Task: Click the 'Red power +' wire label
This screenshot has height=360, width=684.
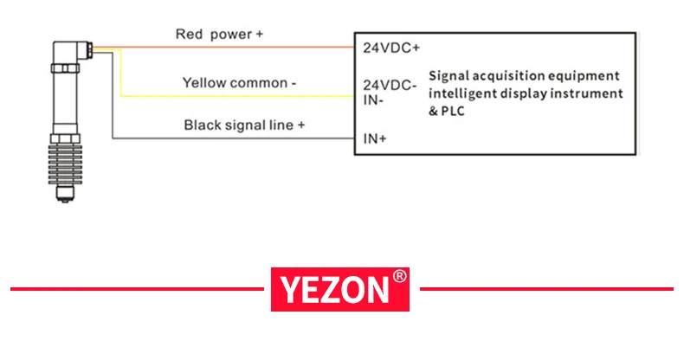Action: [219, 35]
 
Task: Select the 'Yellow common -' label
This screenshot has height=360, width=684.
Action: [240, 83]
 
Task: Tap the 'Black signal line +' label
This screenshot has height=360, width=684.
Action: [244, 125]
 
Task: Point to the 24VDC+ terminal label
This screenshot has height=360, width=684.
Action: [390, 48]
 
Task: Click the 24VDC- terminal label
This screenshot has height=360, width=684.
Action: [390, 86]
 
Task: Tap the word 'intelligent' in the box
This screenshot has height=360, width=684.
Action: [464, 93]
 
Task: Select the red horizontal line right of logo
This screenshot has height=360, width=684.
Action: [546, 288]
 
